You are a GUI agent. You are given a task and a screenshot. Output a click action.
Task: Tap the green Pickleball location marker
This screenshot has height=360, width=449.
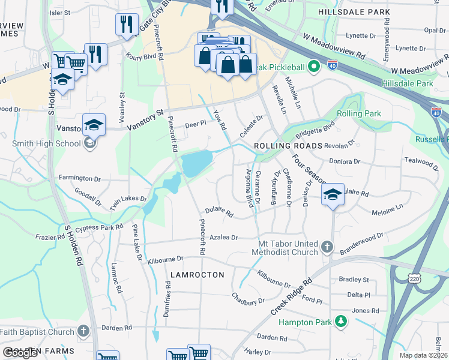(313, 67)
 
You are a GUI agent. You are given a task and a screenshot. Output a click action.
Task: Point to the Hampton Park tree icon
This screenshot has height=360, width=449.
(341, 322)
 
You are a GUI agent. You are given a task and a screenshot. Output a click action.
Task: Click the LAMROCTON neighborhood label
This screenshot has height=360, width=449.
(197, 275)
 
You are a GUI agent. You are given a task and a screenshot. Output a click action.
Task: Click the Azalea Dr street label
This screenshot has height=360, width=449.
(223, 238)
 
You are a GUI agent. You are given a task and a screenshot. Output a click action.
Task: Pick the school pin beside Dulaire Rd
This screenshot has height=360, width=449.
(333, 195)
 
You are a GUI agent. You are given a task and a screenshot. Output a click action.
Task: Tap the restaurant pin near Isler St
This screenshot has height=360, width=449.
(126, 25)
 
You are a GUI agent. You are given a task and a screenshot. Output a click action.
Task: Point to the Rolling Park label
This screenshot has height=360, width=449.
(359, 113)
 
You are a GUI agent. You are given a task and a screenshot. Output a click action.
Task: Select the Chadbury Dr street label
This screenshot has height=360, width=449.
(249, 298)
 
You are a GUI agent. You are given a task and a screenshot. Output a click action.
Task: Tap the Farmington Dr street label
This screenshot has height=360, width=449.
(80, 179)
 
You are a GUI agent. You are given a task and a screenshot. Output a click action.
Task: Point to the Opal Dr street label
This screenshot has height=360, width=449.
(433, 30)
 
